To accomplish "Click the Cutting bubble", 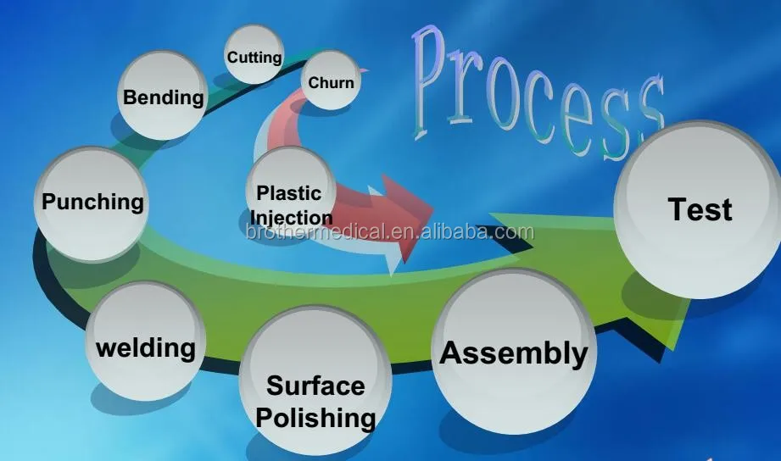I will pyautogui.click(x=254, y=55).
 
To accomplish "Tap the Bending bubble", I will pyautogui.click(x=163, y=96).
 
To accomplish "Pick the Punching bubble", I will pyautogui.click(x=92, y=202).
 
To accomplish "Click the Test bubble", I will pyautogui.click(x=699, y=209).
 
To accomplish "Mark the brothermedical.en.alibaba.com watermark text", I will pyautogui.click(x=390, y=232).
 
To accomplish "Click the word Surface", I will pyautogui.click(x=315, y=386).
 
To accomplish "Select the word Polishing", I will pyautogui.click(x=315, y=417).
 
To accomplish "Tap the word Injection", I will pyautogui.click(x=291, y=217).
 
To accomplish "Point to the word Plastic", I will pyautogui.click(x=289, y=193).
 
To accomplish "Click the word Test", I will pyautogui.click(x=700, y=209).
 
